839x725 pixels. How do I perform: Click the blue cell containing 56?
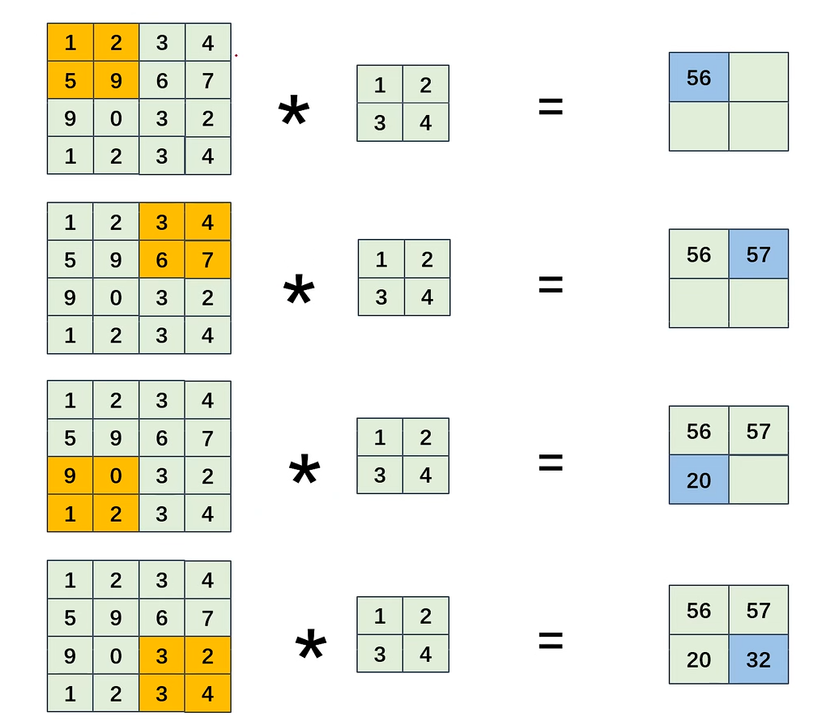pos(699,78)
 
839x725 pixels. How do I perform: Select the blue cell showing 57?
pos(759,254)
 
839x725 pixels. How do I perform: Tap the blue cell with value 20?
pos(699,480)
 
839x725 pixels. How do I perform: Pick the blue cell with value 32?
pos(759,659)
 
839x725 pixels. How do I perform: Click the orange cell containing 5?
pos(70,80)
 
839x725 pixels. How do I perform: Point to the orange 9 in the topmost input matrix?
pos(116,80)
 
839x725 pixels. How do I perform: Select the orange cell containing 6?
pos(162,259)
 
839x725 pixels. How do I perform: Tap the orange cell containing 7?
pos(208,259)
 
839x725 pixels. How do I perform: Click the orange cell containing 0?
pos(116,476)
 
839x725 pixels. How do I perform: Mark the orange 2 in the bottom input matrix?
pos(208,655)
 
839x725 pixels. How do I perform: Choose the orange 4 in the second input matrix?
pos(208,222)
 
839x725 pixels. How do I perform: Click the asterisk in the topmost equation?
pos(293,114)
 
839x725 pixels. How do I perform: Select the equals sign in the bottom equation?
pos(551,642)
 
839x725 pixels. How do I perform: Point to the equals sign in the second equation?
pos(551,284)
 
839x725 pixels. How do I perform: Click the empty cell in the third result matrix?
pos(759,480)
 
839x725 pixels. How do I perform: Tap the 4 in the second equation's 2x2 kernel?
pos(427,296)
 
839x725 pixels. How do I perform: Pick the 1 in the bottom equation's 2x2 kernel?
pos(380,616)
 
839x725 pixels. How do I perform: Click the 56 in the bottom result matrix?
pos(699,610)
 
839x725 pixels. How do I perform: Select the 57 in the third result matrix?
pos(759,431)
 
